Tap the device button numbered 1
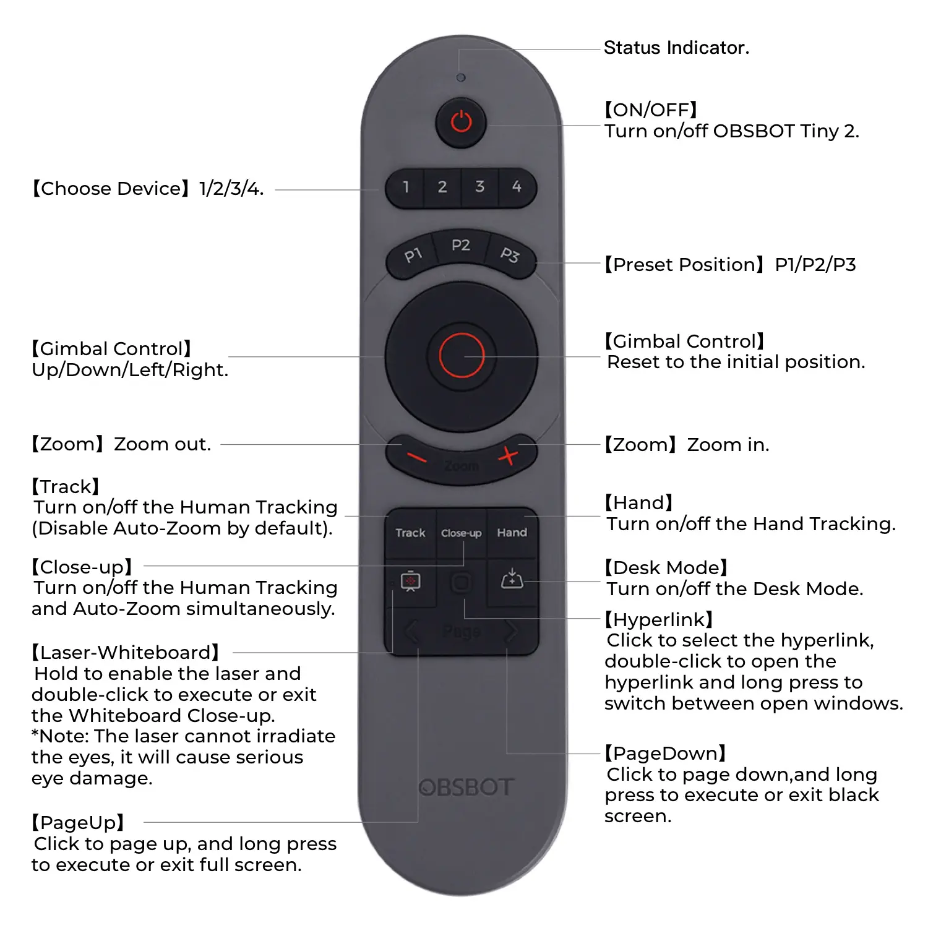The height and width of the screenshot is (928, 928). pos(406,187)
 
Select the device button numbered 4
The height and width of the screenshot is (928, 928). pos(517,187)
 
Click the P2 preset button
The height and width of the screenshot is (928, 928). pos(461,246)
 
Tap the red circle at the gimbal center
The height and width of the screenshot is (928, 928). pos(462,356)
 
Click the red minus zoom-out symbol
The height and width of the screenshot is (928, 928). pos(416,458)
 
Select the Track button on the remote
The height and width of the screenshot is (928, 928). pos(410,533)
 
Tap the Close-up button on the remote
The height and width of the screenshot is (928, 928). pos(462,533)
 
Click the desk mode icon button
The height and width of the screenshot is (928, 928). pos(512,580)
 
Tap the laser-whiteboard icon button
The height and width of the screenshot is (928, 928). pos(411,582)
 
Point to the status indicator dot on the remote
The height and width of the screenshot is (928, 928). pos(461,78)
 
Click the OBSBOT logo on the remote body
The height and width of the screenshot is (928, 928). pos(466,788)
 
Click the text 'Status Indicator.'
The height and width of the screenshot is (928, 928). pos(676,48)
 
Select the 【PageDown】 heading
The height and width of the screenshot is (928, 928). pos(665,754)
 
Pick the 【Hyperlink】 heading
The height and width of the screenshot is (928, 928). pos(659,619)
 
